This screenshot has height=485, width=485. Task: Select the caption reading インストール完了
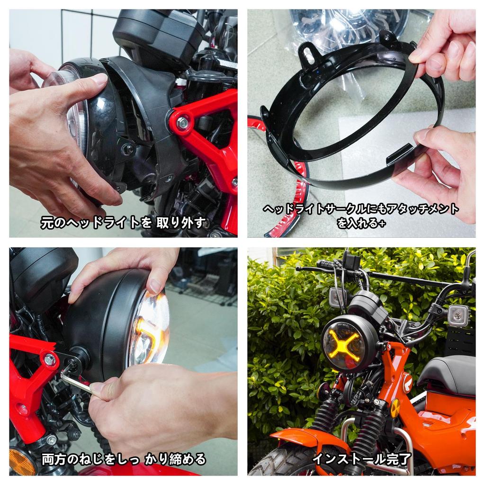(x=361, y=458)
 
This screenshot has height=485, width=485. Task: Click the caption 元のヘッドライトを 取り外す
(x=123, y=222)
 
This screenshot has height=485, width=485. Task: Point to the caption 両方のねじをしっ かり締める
(x=123, y=458)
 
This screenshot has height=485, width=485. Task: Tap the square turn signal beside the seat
(x=458, y=315)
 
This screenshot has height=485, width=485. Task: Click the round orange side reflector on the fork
(x=395, y=408)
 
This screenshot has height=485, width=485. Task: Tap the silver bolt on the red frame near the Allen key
(x=49, y=359)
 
